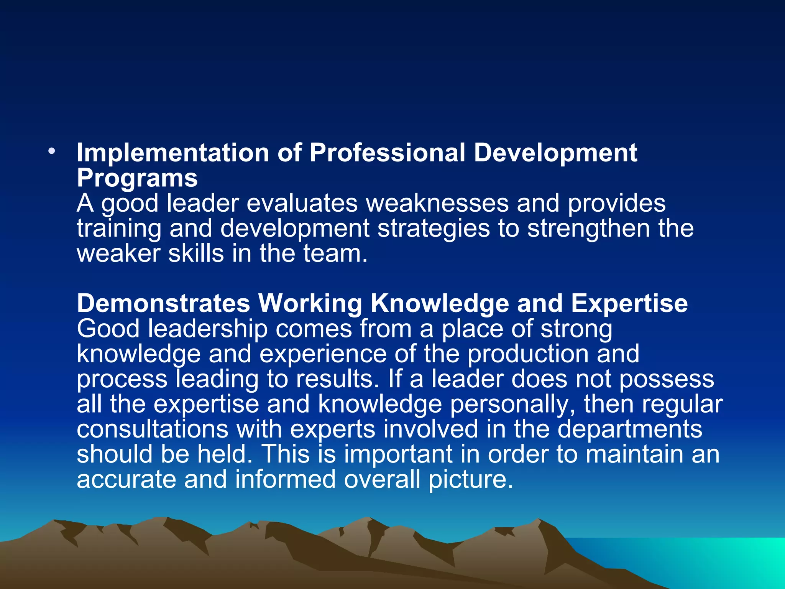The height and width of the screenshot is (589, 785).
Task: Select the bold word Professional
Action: tap(387, 153)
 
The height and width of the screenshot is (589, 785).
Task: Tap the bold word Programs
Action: tap(137, 178)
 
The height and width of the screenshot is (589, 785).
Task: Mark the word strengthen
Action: tap(588, 229)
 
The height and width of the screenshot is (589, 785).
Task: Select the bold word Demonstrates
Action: tap(163, 303)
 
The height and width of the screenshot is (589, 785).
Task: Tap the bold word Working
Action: tap(310, 303)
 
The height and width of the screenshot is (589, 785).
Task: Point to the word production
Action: tap(528, 354)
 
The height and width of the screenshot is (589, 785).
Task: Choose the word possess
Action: tap(667, 379)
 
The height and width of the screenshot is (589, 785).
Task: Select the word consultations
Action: tap(153, 429)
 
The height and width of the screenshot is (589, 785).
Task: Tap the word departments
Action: tap(629, 429)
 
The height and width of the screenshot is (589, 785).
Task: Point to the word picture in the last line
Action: tap(470, 480)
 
